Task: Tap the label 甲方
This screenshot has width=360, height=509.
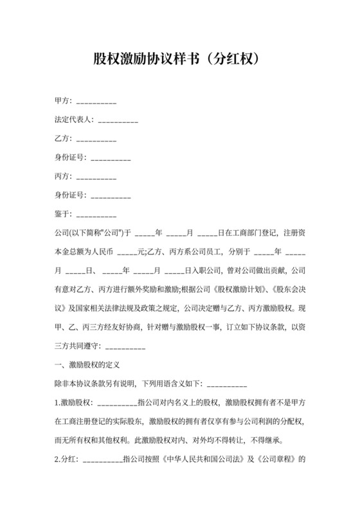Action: pyautogui.click(x=63, y=102)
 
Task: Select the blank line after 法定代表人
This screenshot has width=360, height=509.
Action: pyautogui.click(x=118, y=120)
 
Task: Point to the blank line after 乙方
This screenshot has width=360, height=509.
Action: pyautogui.click(x=96, y=139)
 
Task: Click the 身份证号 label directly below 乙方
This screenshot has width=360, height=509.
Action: pyautogui.click(x=70, y=157)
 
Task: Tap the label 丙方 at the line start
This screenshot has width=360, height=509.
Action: pyautogui.click(x=63, y=176)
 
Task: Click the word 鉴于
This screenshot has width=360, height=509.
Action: pyautogui.click(x=63, y=213)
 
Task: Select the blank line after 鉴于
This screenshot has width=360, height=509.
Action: pyautogui.click(x=96, y=213)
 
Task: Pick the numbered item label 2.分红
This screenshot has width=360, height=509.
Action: pyautogui.click(x=67, y=460)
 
